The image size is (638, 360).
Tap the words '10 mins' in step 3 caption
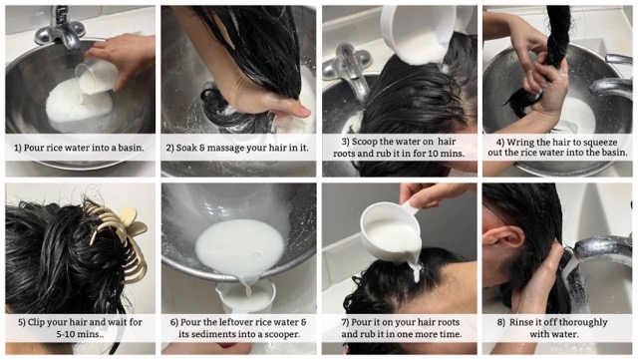(440, 155)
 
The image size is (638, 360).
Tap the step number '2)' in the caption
(172, 147)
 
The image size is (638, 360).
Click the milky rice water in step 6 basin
(239, 244)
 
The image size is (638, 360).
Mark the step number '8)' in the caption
(499, 321)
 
